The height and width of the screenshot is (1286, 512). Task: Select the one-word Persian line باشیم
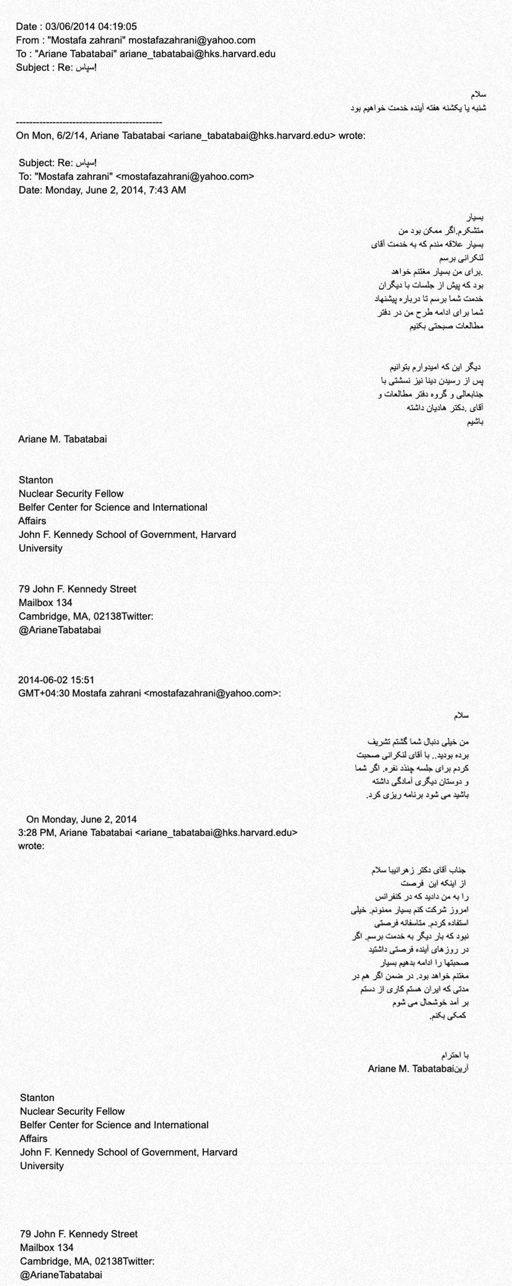(475, 422)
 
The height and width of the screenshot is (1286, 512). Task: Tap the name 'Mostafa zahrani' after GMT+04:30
(104, 693)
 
